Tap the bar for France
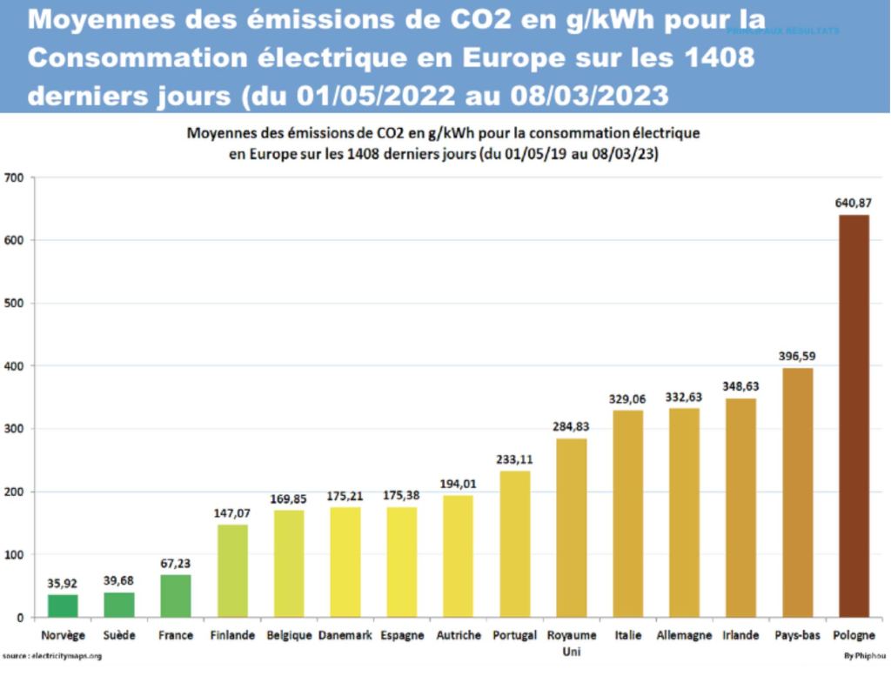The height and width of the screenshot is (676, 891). click(176, 596)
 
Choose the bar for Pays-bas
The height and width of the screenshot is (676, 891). click(797, 492)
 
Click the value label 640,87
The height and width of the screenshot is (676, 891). click(854, 204)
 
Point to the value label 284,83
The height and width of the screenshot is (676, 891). click(571, 427)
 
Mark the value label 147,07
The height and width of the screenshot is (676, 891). click(231, 513)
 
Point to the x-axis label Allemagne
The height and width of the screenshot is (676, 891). click(684, 635)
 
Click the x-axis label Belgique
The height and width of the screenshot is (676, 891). click(289, 635)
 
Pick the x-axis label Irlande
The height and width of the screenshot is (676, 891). click(740, 635)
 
